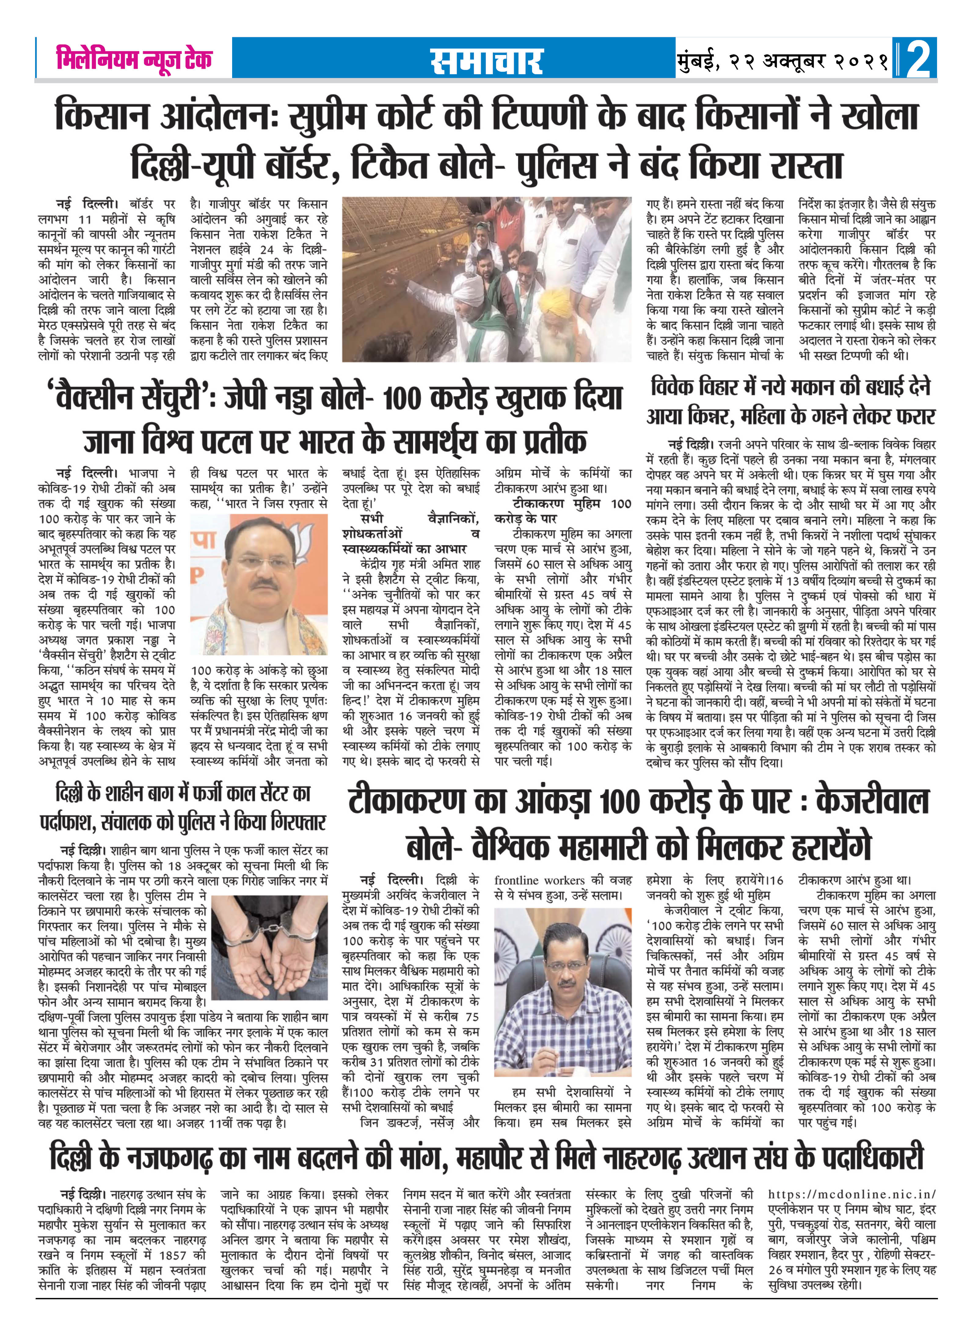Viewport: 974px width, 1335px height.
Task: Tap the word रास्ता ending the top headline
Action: (x=806, y=165)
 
